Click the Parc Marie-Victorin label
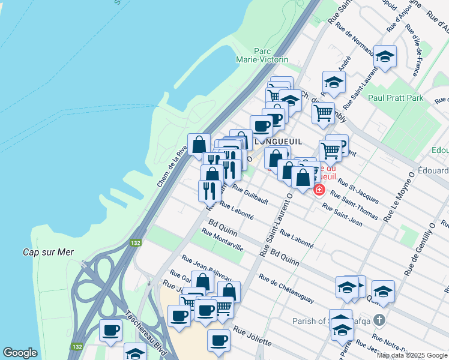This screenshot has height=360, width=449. tap(271, 55)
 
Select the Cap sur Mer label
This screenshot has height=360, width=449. tap(48, 252)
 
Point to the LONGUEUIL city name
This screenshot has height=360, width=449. tap(277, 141)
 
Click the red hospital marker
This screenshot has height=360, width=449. tap(319, 190)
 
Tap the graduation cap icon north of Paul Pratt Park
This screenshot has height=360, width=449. tap(385, 56)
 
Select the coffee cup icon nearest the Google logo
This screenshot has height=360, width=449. tap(110, 329)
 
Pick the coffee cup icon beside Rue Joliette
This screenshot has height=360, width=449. tap(218, 340)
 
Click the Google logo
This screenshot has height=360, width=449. tap(20, 353)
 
